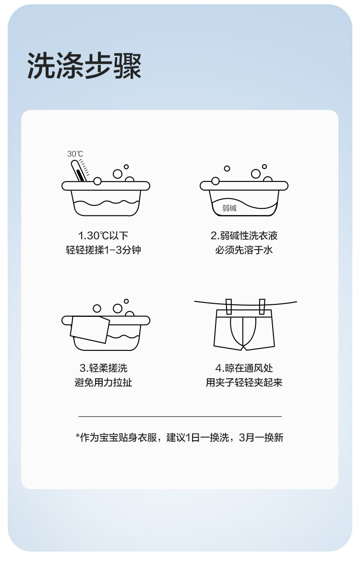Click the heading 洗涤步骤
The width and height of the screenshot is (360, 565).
point(84,66)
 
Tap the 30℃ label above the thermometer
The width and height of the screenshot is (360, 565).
point(75,154)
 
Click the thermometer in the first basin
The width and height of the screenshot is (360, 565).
point(78,170)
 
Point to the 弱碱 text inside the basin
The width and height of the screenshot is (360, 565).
point(229,208)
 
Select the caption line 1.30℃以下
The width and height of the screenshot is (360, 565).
point(103,236)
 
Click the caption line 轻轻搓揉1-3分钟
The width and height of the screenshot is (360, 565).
point(103,250)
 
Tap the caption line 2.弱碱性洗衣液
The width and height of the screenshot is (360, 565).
point(244,236)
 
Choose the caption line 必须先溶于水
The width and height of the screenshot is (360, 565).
point(244,250)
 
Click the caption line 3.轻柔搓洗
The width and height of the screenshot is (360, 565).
point(103,368)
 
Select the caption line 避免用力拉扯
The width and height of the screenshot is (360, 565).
point(103,382)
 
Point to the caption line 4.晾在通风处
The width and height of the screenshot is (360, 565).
point(244,368)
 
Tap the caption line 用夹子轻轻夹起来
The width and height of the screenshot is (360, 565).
point(244,382)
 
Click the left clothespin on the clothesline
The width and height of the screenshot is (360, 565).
point(228,307)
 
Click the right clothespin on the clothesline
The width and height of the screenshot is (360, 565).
point(262,307)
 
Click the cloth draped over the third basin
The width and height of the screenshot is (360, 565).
point(90,329)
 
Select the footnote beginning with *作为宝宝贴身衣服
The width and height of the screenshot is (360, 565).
point(180,437)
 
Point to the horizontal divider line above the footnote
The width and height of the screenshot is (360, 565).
point(180,417)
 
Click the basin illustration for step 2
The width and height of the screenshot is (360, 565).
point(244,198)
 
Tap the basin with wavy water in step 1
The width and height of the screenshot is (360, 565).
point(106,198)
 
